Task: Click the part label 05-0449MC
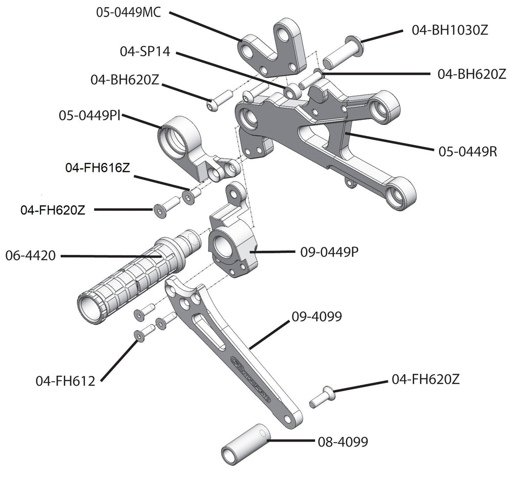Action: [128, 12]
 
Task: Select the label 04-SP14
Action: [145, 51]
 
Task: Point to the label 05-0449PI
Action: [90, 116]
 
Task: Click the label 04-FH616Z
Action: [98, 167]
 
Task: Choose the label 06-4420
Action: [30, 256]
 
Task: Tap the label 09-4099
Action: [317, 317]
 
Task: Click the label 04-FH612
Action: [65, 381]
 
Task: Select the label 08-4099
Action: [343, 442]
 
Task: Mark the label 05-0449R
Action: [467, 151]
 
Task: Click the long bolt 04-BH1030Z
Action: [342, 53]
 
